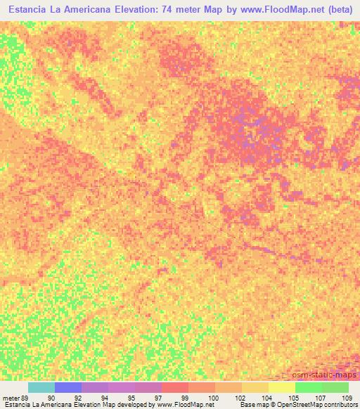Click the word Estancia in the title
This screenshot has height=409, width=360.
tap(31, 10)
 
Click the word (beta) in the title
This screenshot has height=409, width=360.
tap(335, 10)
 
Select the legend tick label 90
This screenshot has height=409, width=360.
tap(51, 397)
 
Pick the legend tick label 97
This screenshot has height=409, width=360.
tap(159, 397)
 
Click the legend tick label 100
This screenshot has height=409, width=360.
tap(212, 397)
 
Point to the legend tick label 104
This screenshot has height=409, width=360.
tap(266, 397)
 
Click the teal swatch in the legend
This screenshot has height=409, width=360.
tap(41, 387)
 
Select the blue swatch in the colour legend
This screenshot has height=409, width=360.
tap(68, 387)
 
